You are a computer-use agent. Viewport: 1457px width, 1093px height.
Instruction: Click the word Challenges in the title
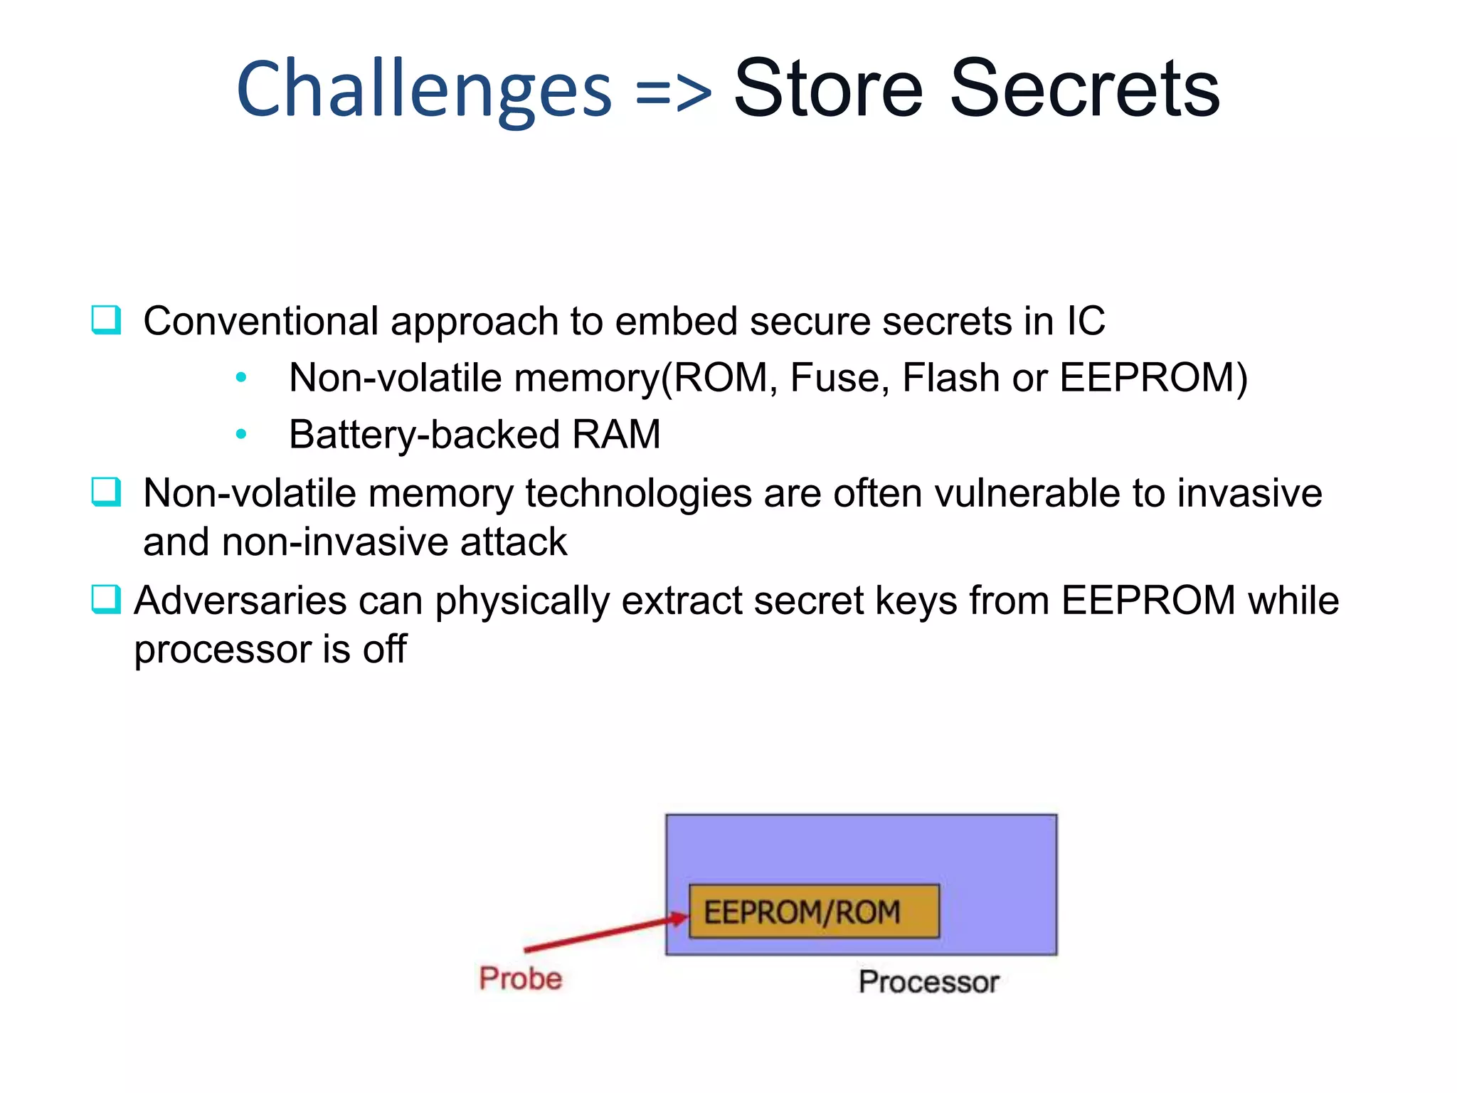click(x=423, y=90)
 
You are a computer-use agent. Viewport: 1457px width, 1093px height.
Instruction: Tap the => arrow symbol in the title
click(x=672, y=93)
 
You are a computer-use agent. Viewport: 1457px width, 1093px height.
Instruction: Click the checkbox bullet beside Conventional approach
click(x=106, y=320)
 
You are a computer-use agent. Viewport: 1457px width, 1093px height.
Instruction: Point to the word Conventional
click(x=260, y=321)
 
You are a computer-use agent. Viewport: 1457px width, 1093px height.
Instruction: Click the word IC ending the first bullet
click(x=1085, y=321)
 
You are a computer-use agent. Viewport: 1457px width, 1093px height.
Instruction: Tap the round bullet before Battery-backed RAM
click(x=241, y=434)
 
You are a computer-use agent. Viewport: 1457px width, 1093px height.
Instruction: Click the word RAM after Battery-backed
click(x=616, y=435)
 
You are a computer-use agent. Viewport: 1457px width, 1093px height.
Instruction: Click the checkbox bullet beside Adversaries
click(x=106, y=599)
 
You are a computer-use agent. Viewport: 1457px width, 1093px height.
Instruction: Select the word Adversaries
click(x=240, y=601)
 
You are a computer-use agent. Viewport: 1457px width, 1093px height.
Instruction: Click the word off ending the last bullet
click(x=384, y=649)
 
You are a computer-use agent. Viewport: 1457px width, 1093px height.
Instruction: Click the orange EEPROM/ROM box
click(x=814, y=912)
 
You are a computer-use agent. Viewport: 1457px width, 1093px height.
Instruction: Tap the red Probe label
click(x=520, y=978)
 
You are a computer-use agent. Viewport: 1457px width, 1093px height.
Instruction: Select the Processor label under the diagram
click(x=928, y=982)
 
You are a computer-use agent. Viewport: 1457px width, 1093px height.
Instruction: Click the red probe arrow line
click(x=598, y=934)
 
